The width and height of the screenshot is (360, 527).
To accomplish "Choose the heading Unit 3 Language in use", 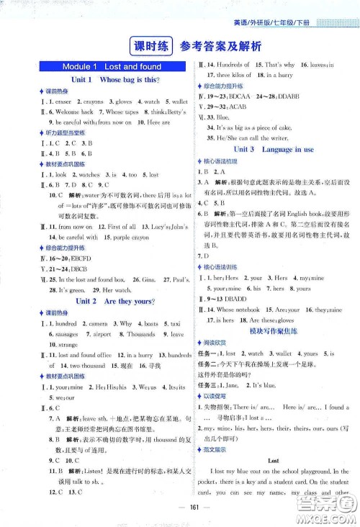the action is [x=268, y=150].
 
